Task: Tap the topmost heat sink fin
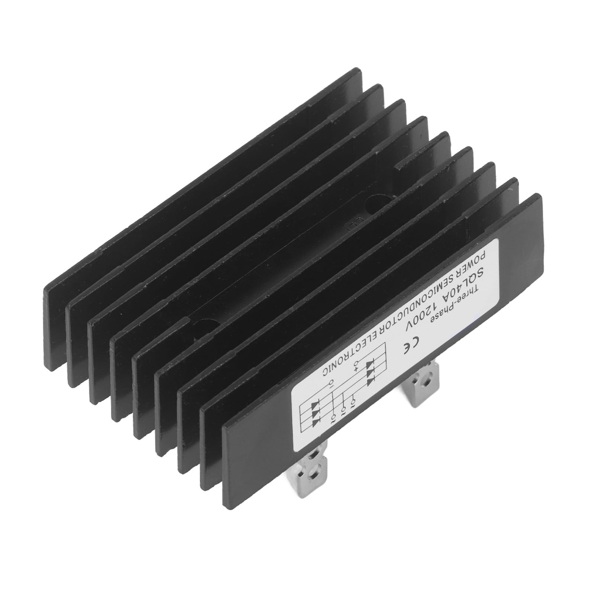(x=208, y=156)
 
